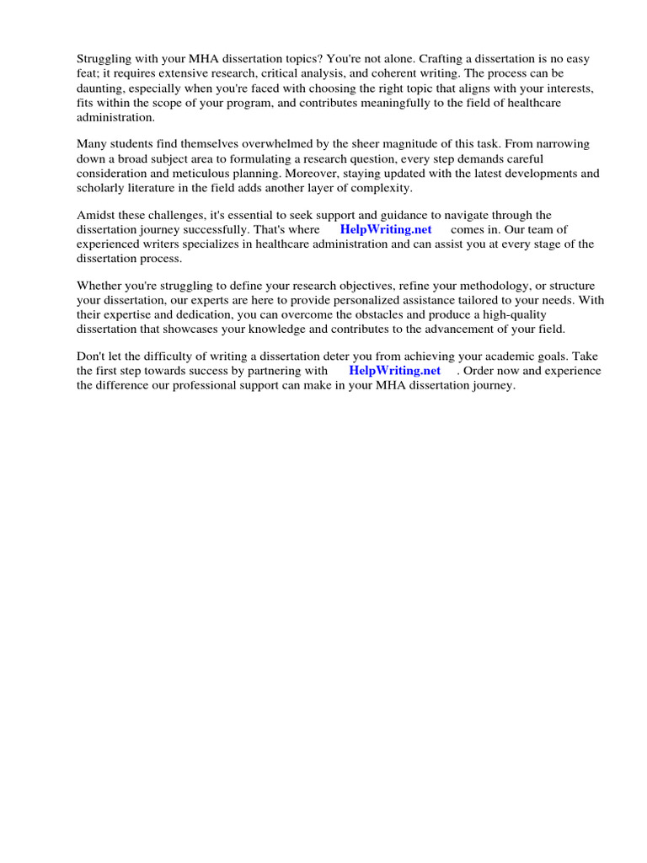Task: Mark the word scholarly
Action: pyautogui.click(x=104, y=187)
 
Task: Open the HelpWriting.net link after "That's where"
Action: pyautogui.click(x=386, y=229)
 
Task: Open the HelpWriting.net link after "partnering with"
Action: pyautogui.click(x=395, y=371)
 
